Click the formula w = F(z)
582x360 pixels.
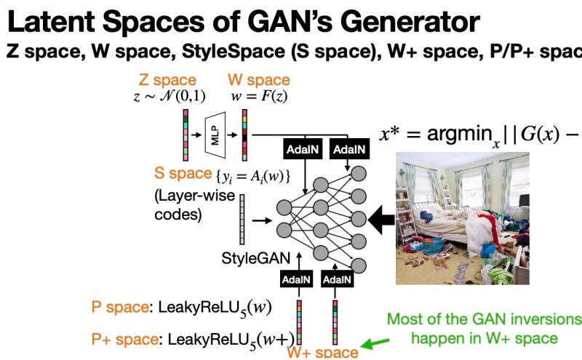coord(259,96)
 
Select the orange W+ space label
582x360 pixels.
coord(322,353)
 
